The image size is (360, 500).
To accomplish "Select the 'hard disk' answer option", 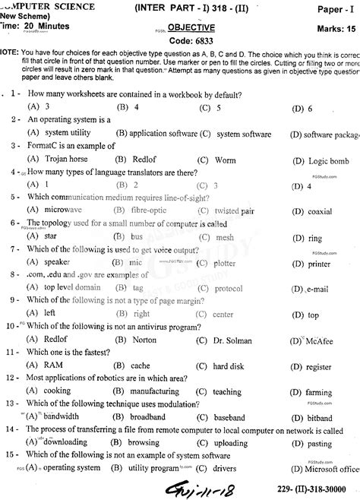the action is coord(228,366).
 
